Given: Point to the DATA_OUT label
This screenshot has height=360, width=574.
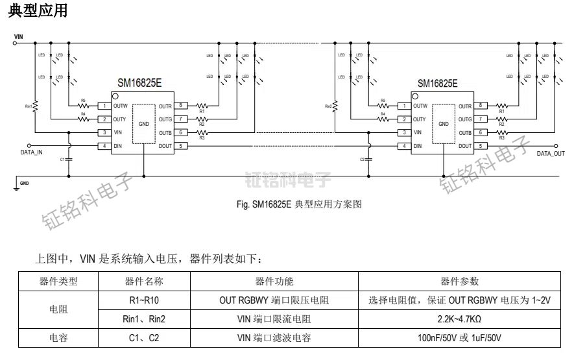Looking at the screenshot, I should [551, 153].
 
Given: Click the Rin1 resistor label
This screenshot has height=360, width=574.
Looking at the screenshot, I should [29, 105].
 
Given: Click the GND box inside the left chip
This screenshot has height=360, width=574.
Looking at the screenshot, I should [144, 123].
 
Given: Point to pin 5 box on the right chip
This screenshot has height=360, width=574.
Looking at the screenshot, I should [481, 146].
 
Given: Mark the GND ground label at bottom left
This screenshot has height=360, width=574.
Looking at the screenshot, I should [24, 184].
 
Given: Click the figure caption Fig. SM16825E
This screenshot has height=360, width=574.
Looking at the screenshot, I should [299, 204].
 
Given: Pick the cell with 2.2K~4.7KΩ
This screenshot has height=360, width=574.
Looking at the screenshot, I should [459, 319].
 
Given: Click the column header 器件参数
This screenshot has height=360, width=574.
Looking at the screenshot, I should [459, 282].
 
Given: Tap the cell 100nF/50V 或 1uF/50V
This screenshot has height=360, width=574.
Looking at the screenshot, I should [459, 338].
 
